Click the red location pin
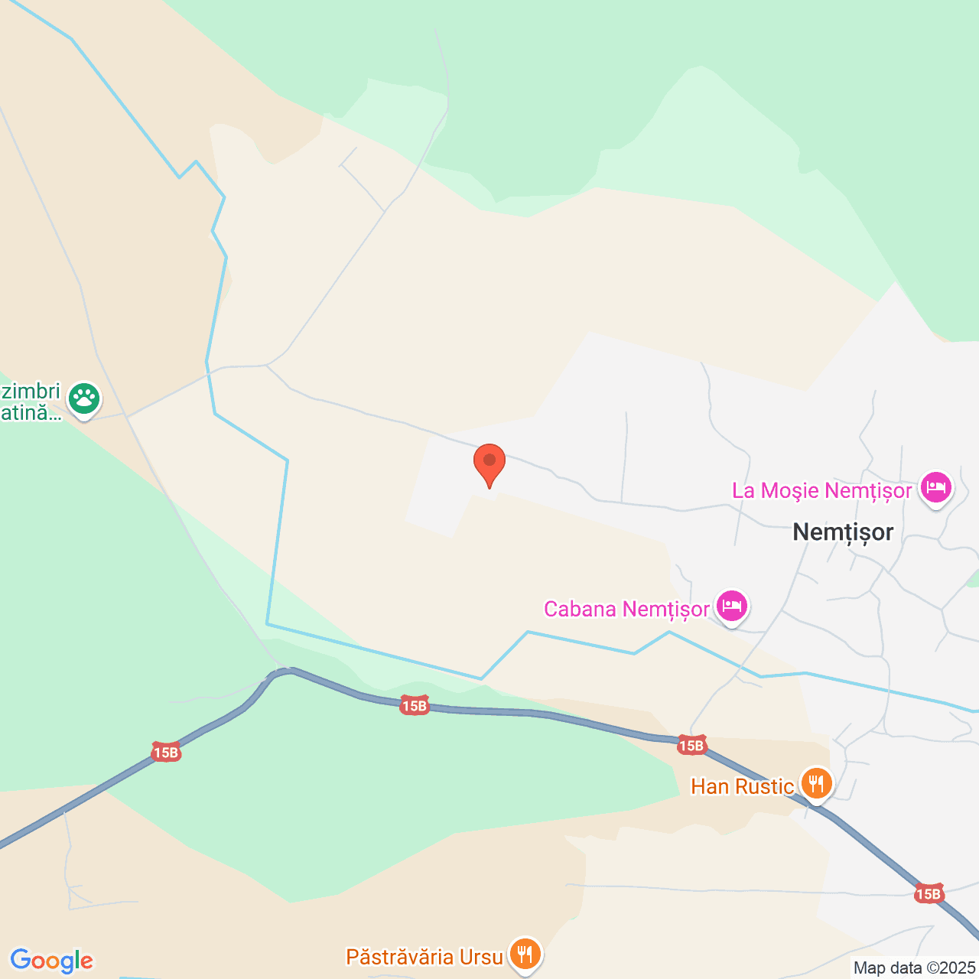(489, 462)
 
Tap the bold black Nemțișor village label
(843, 532)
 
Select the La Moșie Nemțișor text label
(822, 490)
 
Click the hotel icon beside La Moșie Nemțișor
(936, 487)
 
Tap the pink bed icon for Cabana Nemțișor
(732, 606)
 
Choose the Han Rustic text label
(742, 786)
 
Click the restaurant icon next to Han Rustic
(817, 783)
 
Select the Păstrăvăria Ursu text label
(424, 957)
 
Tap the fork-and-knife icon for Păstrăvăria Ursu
(525, 954)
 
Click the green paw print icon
(84, 398)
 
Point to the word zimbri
(31, 392)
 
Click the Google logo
(51, 961)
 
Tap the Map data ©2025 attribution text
(914, 968)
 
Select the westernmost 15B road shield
(165, 753)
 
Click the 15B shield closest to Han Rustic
(691, 745)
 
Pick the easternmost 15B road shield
(928, 893)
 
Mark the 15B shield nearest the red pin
(414, 706)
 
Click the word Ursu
(481, 957)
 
